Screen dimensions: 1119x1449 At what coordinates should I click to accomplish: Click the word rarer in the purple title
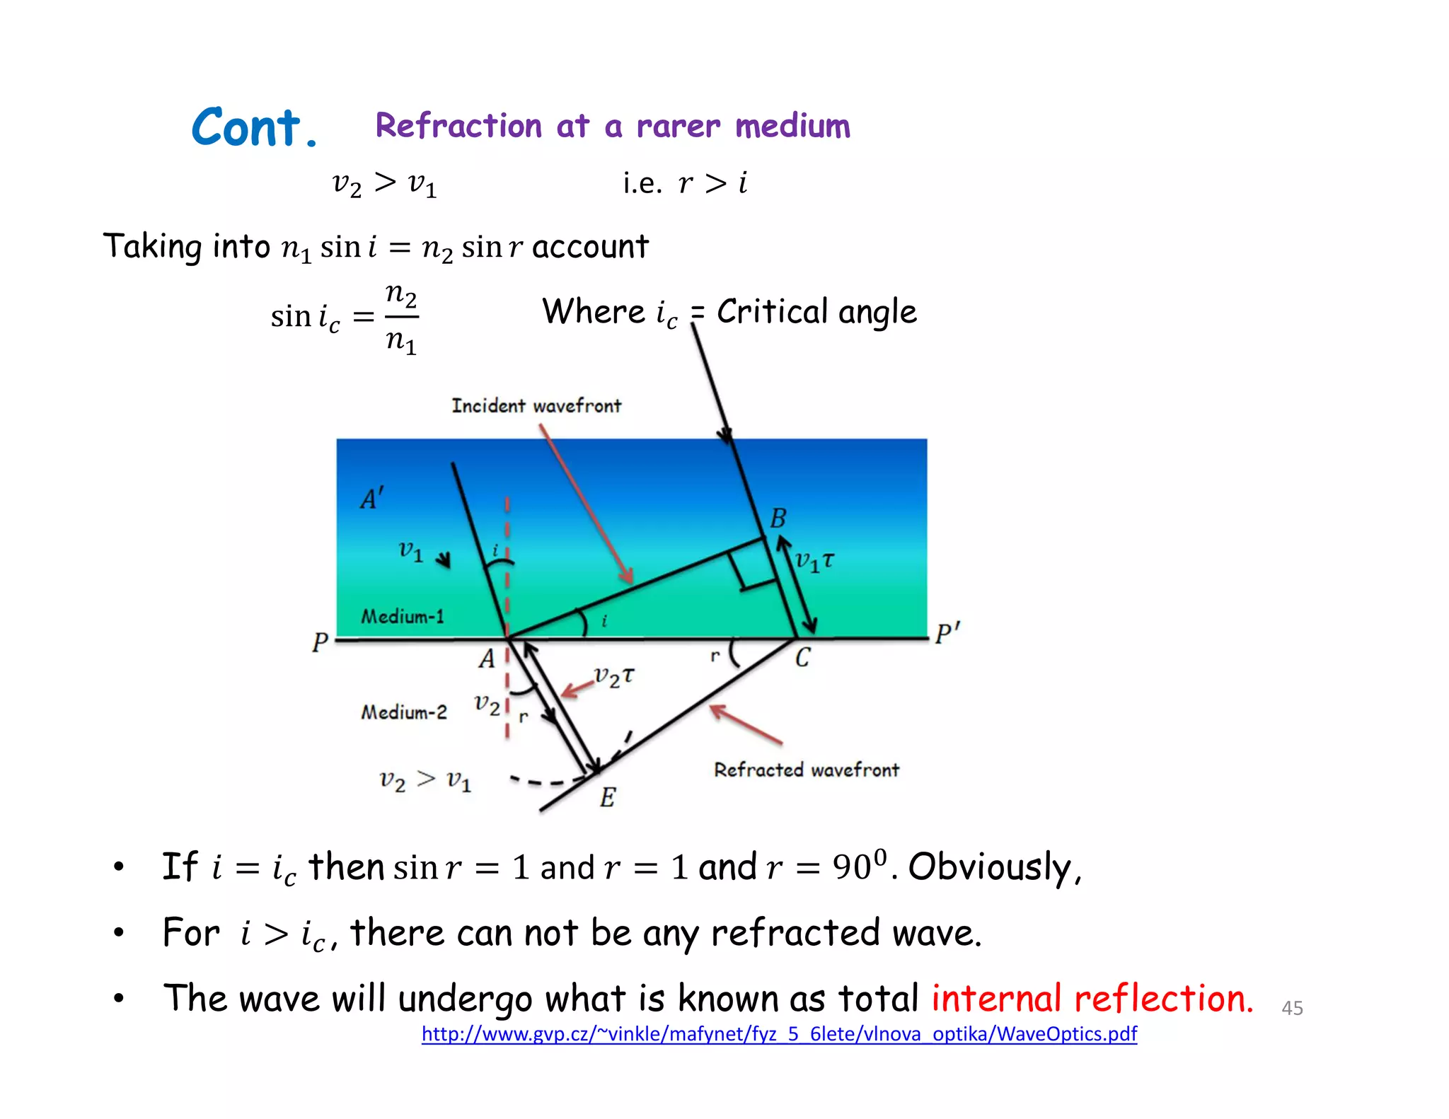[x=678, y=127]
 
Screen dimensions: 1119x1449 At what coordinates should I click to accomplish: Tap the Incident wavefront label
[x=536, y=406]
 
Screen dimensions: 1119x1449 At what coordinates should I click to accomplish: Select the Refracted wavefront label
[x=806, y=770]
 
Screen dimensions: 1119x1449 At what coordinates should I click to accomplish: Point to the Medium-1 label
[x=403, y=617]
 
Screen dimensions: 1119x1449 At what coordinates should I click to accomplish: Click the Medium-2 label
[x=404, y=712]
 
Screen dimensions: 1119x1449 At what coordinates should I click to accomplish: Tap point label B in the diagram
[x=778, y=518]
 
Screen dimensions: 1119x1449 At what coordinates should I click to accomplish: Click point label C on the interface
[x=802, y=659]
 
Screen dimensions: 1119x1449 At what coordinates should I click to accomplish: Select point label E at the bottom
[x=607, y=798]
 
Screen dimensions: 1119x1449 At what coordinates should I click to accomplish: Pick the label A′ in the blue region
[x=372, y=499]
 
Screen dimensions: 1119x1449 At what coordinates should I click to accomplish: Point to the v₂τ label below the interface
[x=613, y=677]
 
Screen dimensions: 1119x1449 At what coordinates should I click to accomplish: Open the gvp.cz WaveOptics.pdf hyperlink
[x=779, y=1034]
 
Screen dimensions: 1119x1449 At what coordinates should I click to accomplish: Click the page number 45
[x=1292, y=1008]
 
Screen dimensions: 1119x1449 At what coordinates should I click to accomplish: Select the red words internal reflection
[x=1092, y=998]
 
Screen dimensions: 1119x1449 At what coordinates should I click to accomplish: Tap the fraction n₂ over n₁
[x=401, y=318]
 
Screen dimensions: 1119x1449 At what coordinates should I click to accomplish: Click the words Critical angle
[x=816, y=312]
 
